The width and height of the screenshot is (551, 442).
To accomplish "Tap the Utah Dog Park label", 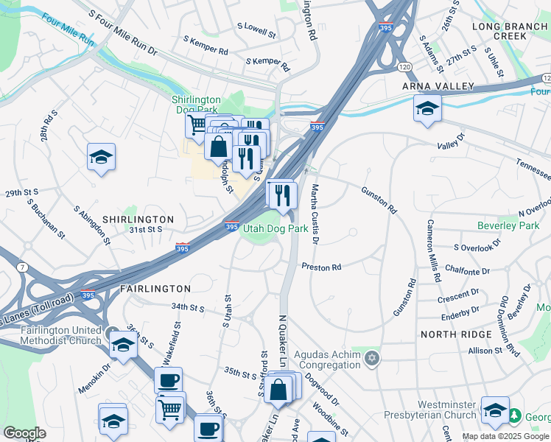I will (x=275, y=228).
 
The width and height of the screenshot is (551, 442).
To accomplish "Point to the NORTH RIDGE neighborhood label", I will (x=455, y=334).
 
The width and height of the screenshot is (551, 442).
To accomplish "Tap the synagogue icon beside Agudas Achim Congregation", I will (x=373, y=358).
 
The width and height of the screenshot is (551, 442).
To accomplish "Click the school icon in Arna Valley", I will (x=427, y=108).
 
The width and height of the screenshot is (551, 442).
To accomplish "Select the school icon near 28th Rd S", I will (x=101, y=156).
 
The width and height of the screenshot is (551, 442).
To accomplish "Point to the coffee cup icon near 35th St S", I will (x=169, y=380).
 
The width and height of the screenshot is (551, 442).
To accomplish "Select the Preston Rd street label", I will (x=321, y=267).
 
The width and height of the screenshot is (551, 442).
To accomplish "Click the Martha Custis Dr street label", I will (x=315, y=214).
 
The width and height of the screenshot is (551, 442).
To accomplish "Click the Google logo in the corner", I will (x=24, y=432).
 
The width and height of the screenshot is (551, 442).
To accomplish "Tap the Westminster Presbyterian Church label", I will (x=447, y=410).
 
